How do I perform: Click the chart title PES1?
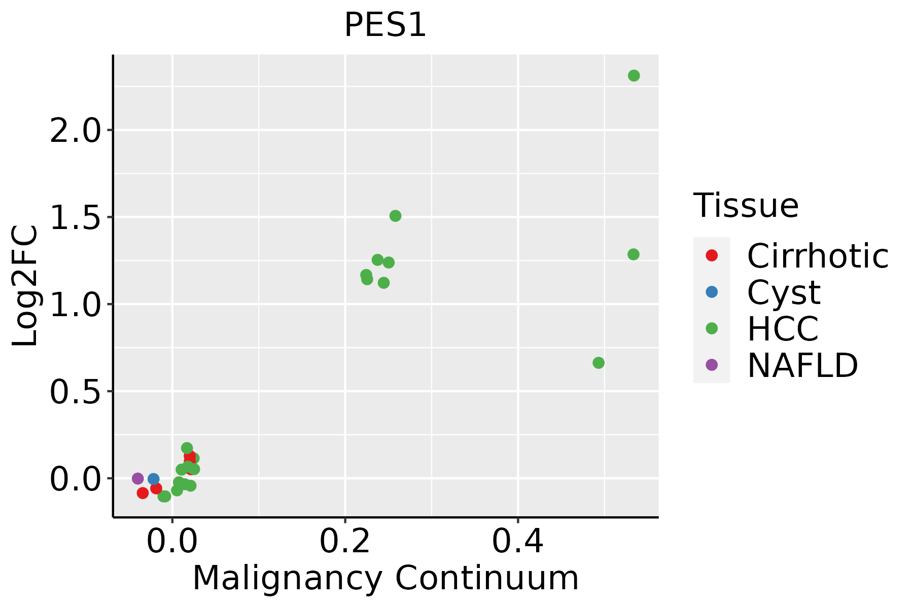(385, 25)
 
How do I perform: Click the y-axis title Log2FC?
(25, 286)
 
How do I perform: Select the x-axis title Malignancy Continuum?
(385, 578)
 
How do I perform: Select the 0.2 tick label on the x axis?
(345, 542)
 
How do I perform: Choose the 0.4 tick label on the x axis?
(518, 542)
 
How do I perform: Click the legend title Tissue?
(746, 206)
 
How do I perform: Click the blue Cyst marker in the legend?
(712, 292)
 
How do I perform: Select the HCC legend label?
(783, 328)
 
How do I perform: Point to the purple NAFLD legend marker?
(712, 365)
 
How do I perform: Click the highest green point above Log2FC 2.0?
(634, 75)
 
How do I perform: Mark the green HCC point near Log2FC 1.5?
(395, 216)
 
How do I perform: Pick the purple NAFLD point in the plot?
(137, 478)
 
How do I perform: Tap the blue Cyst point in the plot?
(154, 479)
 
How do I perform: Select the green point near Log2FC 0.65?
(599, 363)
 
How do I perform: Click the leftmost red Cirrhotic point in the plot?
(143, 493)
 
